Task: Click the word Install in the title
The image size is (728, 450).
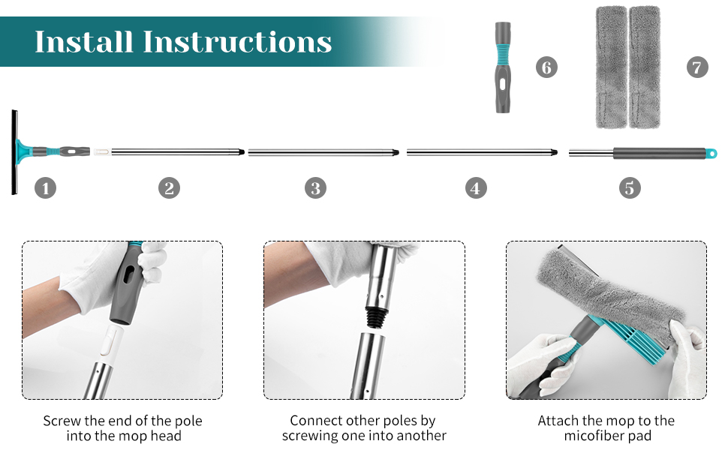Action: click(x=84, y=42)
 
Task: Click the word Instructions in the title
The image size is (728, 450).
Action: click(x=237, y=42)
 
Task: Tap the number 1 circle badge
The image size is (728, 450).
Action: click(x=46, y=188)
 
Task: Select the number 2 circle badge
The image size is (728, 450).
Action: click(x=169, y=188)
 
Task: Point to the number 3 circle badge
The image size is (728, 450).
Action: click(x=316, y=188)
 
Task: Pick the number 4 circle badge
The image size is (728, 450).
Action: click(x=476, y=188)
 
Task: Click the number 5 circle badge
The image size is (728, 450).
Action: click(x=630, y=188)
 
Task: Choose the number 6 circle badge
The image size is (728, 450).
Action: click(x=546, y=67)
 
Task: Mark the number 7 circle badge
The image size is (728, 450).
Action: click(x=697, y=67)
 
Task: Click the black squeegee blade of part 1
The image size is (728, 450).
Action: click(x=14, y=152)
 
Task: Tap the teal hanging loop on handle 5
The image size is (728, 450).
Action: click(x=711, y=153)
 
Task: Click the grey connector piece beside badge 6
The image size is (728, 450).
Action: click(x=503, y=67)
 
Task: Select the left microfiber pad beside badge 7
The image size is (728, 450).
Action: click(x=612, y=67)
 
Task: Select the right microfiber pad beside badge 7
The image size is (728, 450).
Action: click(x=645, y=67)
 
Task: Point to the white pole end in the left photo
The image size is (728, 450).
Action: click(x=110, y=343)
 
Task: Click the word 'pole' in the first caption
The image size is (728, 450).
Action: click(x=188, y=421)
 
